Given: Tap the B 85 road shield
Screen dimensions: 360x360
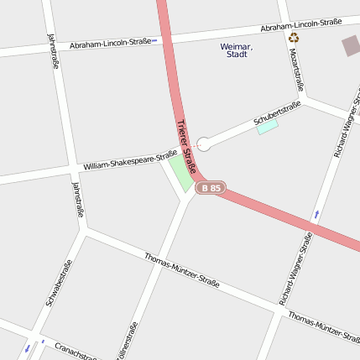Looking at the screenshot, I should point(210,189).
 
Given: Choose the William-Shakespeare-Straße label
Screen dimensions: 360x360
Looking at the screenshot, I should point(130,160).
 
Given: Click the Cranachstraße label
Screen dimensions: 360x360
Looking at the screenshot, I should point(76,351).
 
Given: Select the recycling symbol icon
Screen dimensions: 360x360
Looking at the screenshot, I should point(293,37).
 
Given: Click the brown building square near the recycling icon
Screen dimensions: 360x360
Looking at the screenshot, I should point(351,46).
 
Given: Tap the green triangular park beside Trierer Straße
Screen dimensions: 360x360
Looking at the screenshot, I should point(180,174).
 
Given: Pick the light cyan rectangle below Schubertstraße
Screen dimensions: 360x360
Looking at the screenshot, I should point(267,128).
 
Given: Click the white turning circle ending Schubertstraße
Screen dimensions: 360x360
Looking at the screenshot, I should point(203,144).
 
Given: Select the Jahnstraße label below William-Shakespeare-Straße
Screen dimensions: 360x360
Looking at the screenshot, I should point(78,200).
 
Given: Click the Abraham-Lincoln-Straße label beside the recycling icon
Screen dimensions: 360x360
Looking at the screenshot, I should point(301,26).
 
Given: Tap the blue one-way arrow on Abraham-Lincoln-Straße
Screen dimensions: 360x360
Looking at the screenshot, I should point(154,39).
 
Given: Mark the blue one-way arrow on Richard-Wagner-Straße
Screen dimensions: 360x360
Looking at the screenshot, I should point(316,215).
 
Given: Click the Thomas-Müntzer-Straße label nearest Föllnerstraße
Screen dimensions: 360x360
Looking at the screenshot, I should point(181,270).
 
